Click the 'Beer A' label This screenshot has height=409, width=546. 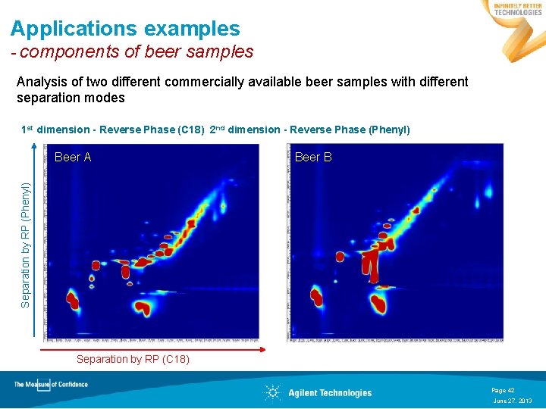click(x=73, y=158)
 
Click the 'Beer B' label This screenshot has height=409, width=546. click(x=313, y=158)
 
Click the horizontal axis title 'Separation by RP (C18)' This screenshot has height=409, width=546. click(x=133, y=359)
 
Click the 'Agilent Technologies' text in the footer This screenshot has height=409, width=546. click(x=330, y=392)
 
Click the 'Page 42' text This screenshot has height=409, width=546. click(x=503, y=390)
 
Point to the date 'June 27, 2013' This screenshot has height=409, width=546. click(x=513, y=400)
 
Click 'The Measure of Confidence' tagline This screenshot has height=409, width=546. click(x=51, y=384)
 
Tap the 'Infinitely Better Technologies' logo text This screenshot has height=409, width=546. click(x=518, y=8)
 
